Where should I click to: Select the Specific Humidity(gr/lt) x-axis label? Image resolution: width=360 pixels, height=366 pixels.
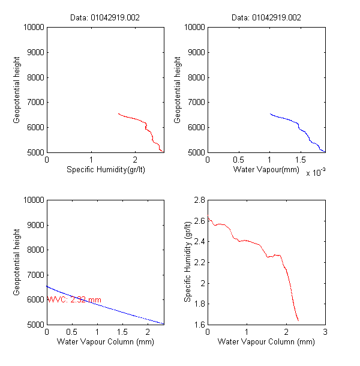[105, 170]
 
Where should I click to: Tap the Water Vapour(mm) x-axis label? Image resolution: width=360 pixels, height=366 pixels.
[266, 170]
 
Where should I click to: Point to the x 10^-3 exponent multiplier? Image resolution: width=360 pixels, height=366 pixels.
[316, 173]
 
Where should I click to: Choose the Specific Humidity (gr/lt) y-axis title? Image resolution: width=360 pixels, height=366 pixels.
[188, 262]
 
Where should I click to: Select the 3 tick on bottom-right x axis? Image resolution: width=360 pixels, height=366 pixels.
[325, 332]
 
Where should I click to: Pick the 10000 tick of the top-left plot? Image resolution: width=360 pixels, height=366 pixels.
[34, 27]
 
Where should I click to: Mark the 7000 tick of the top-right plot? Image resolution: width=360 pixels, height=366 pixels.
[196, 102]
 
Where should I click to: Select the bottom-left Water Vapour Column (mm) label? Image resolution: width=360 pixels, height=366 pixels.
[105, 342]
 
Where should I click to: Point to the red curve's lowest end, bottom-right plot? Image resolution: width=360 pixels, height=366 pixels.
[298, 320]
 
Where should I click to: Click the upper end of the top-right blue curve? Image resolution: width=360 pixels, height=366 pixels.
[271, 113]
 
